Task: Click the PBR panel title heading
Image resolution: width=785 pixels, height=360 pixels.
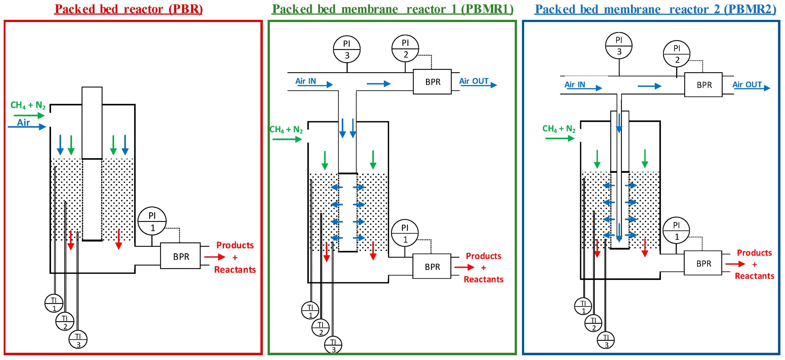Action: click(128, 9)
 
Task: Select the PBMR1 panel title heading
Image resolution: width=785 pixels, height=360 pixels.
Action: click(392, 9)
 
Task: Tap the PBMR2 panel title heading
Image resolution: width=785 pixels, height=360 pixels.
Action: click(655, 9)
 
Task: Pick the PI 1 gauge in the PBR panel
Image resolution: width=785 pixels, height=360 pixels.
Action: click(152, 221)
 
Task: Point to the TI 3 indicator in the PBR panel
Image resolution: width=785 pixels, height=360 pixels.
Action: click(78, 339)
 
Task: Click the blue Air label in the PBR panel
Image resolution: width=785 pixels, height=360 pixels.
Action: click(24, 123)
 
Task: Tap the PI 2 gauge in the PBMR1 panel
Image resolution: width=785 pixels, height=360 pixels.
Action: click(405, 48)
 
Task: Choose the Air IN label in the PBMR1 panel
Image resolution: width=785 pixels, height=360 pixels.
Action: click(306, 81)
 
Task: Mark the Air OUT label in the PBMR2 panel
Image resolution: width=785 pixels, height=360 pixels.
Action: click(747, 85)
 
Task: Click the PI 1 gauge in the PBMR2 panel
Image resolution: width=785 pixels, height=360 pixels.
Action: click(676, 230)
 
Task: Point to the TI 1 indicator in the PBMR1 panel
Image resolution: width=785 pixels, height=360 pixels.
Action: click(310, 310)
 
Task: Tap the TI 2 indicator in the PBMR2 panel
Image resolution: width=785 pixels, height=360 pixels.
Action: click(593, 323)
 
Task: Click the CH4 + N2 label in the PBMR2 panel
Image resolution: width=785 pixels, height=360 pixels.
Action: click(559, 129)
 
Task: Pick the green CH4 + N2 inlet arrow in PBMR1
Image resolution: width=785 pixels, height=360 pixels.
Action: click(287, 139)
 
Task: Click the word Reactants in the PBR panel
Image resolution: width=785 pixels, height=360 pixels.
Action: click(235, 269)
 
